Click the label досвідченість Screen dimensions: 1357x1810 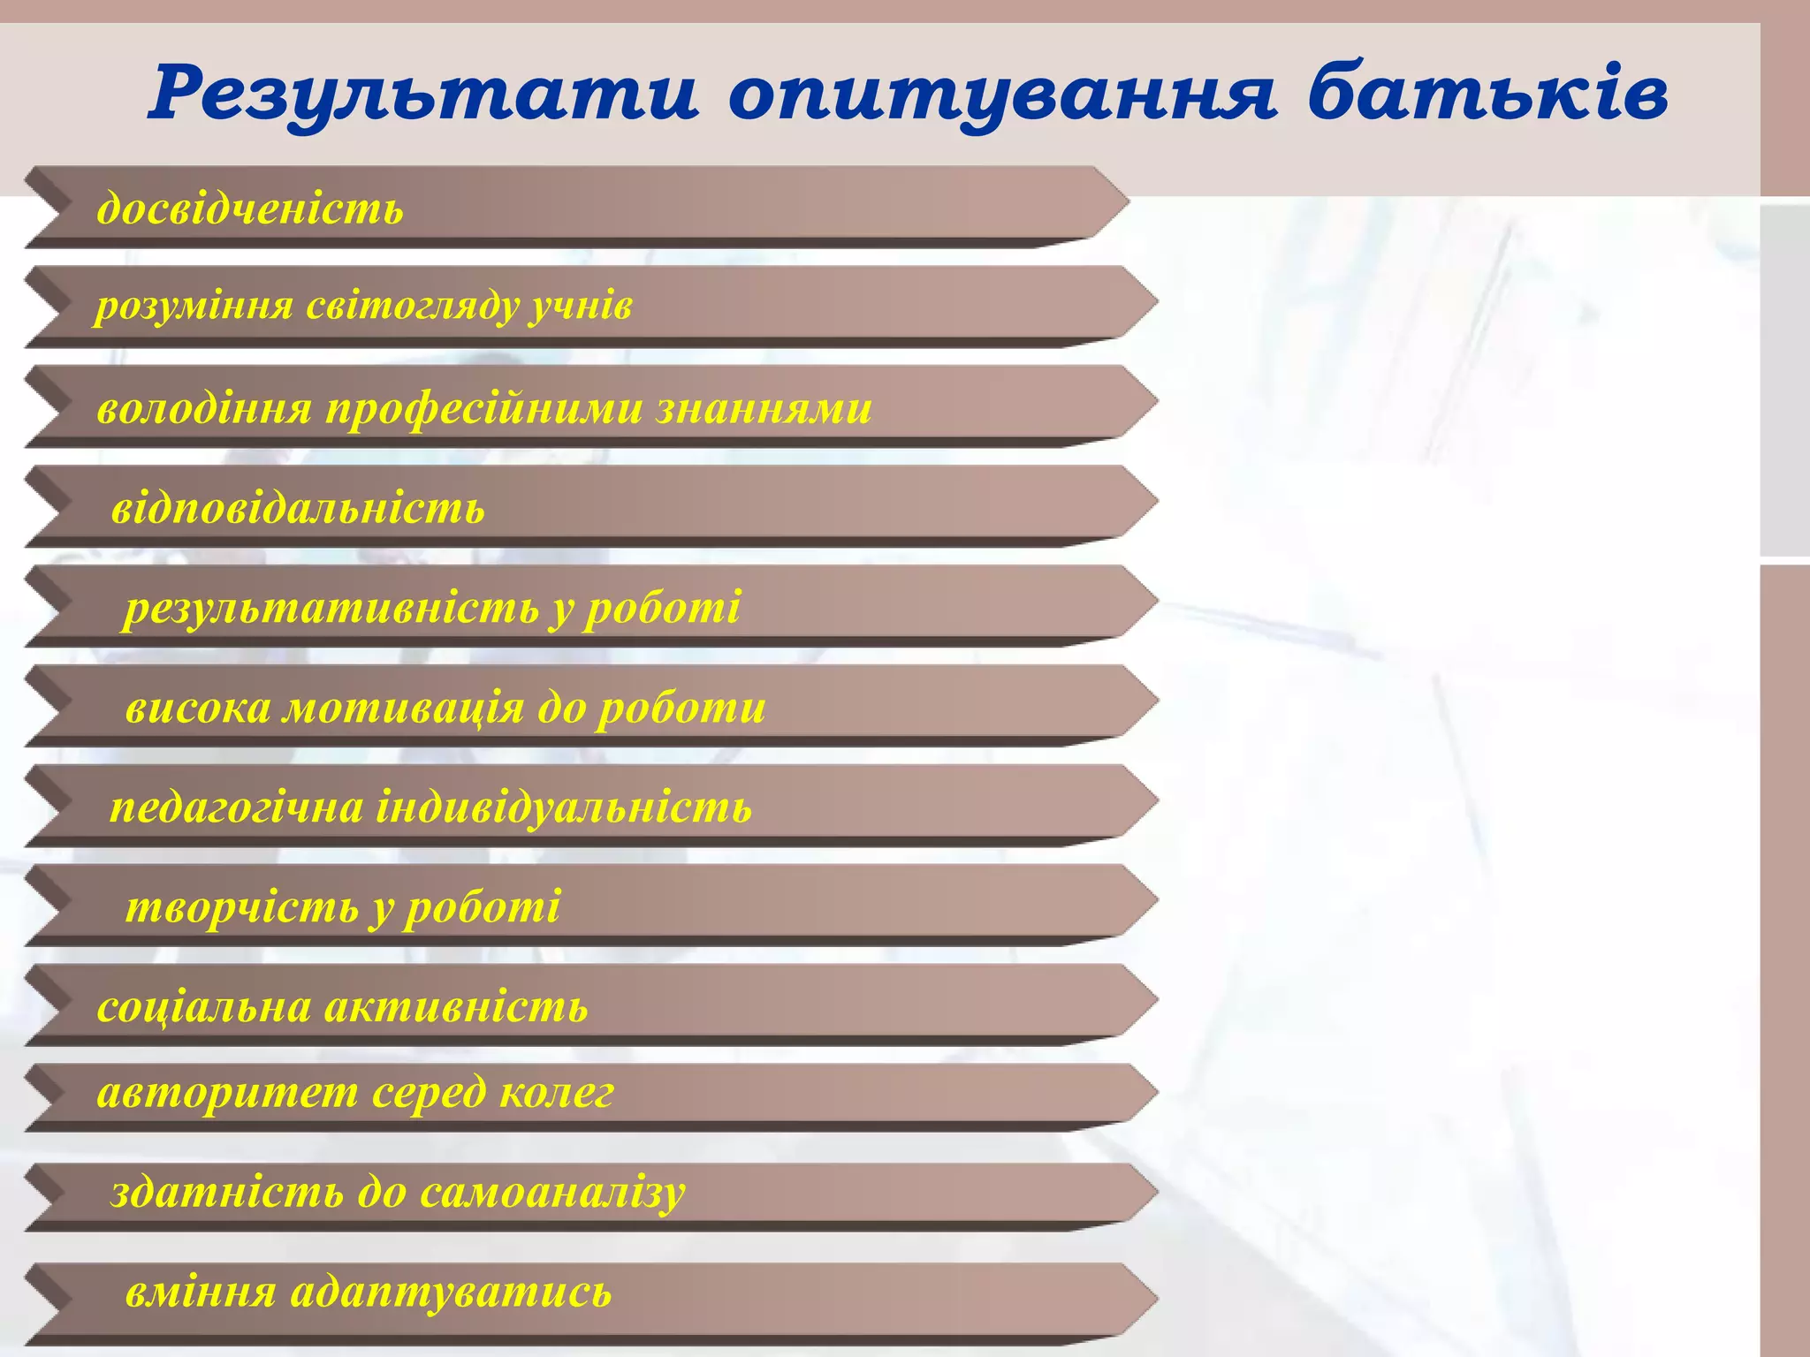250,208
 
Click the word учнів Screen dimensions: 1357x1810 582,307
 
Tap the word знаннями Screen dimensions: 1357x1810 764,408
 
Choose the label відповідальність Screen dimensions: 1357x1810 298,508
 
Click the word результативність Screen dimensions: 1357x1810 331,608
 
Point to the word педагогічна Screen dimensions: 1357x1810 237,807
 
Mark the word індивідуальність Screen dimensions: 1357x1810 565,807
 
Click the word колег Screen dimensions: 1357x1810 557,1093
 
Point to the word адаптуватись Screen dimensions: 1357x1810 451,1293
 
